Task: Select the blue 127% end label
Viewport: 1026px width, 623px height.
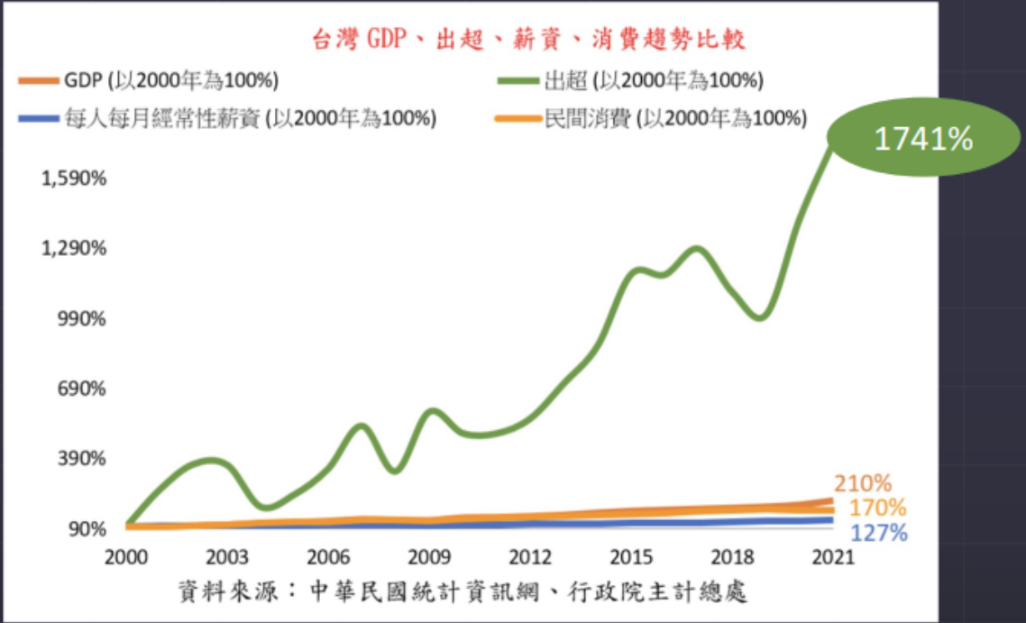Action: pyautogui.click(x=878, y=533)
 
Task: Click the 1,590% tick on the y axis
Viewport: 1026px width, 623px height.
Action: pyautogui.click(x=75, y=178)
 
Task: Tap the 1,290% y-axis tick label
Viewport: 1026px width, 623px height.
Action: pyautogui.click(x=75, y=248)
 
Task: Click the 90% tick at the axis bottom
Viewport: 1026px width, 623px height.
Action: pyautogui.click(x=87, y=528)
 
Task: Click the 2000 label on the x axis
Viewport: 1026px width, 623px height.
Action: pyautogui.click(x=126, y=555)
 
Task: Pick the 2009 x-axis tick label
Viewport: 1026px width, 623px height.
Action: pyautogui.click(x=430, y=555)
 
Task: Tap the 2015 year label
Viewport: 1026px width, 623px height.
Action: pyautogui.click(x=632, y=555)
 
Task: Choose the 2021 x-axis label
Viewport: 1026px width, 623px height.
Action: pyautogui.click(x=833, y=555)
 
